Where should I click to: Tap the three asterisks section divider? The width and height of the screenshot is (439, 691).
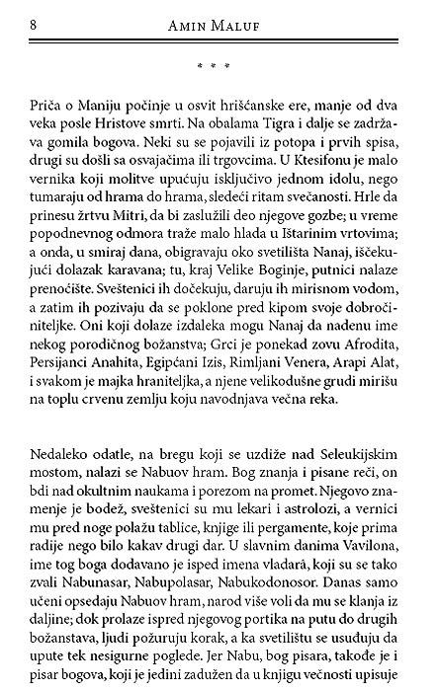pyautogui.click(x=213, y=66)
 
